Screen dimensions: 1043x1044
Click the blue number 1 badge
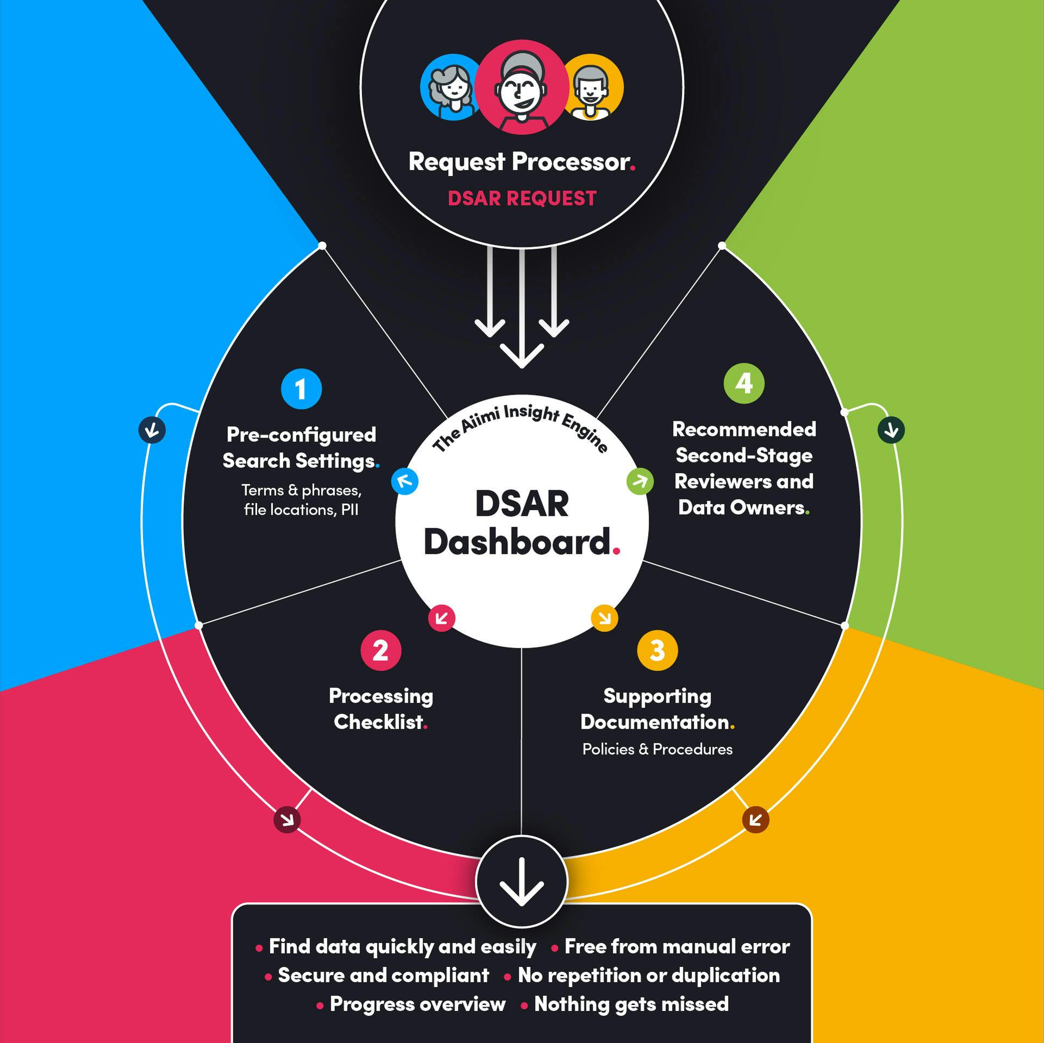point(301,389)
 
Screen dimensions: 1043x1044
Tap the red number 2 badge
point(381,650)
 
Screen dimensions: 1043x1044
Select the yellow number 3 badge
point(657,650)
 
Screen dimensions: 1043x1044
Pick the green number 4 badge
point(744,384)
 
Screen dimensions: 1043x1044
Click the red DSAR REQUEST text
point(522,198)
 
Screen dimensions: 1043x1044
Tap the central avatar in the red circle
point(521,87)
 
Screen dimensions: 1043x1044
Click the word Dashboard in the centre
point(518,542)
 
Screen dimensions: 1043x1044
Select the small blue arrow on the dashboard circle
point(405,481)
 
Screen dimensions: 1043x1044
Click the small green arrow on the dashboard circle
point(640,481)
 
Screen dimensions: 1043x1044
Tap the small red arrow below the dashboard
point(442,618)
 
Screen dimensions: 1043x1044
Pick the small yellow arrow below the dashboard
point(605,618)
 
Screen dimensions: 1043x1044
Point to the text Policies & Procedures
point(657,750)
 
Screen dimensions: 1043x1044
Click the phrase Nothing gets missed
point(631,1004)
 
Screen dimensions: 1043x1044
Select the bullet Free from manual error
point(676,946)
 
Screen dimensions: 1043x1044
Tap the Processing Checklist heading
point(381,709)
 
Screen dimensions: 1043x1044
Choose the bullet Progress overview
point(417,1004)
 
